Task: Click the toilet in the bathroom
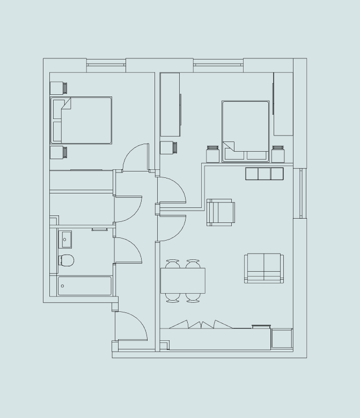click(x=67, y=261)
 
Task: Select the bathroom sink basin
click(x=65, y=238)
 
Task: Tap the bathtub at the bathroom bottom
click(x=85, y=286)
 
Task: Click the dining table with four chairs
click(x=182, y=280)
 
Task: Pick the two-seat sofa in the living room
click(x=263, y=267)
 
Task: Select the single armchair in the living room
click(x=221, y=212)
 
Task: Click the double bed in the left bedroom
click(x=82, y=120)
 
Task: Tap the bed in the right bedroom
click(x=245, y=131)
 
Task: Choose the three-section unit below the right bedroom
click(x=264, y=174)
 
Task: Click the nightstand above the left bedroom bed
click(x=58, y=87)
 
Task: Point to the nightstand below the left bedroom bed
click(x=58, y=153)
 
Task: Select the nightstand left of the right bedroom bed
click(x=212, y=154)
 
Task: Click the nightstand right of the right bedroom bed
click(x=277, y=154)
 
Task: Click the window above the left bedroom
click(x=106, y=65)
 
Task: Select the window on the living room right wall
click(x=301, y=193)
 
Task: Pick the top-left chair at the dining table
click(x=173, y=264)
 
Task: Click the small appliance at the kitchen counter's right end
click(x=281, y=339)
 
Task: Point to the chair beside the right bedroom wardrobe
click(x=168, y=147)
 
